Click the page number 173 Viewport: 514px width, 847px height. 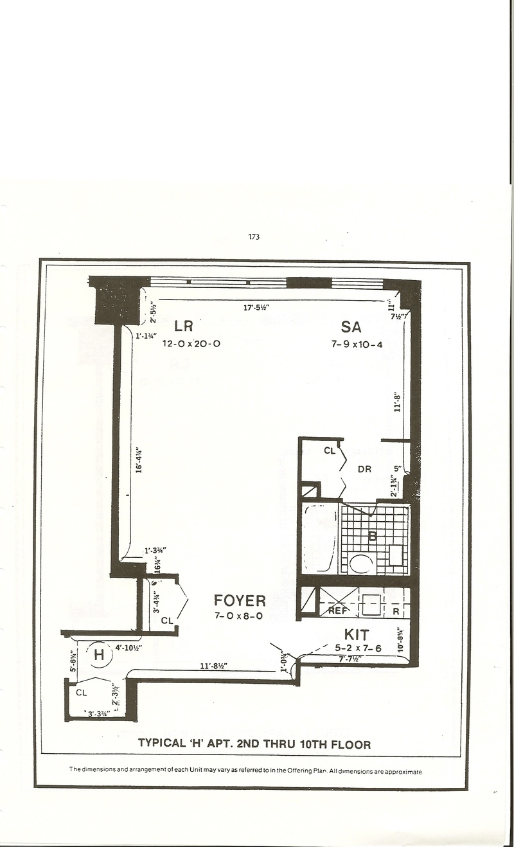pos(253,237)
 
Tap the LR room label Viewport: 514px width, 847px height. pos(184,326)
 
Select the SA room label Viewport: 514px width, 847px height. pos(351,326)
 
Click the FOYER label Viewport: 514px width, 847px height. pos(240,601)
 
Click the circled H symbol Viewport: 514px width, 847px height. pos(99,655)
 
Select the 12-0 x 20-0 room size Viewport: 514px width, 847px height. pos(191,344)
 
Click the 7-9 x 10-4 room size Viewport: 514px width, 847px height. pos(357,344)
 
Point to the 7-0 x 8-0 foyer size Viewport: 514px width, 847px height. pos(240,616)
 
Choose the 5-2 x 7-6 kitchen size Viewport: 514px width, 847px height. pos(358,648)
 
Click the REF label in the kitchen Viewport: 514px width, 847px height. pos(338,611)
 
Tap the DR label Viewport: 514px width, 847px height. pos(365,469)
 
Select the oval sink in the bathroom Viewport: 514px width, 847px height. pos(361,564)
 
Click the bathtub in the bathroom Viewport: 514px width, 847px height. pos(319,539)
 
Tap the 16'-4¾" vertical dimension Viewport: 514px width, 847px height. pos(138,461)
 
